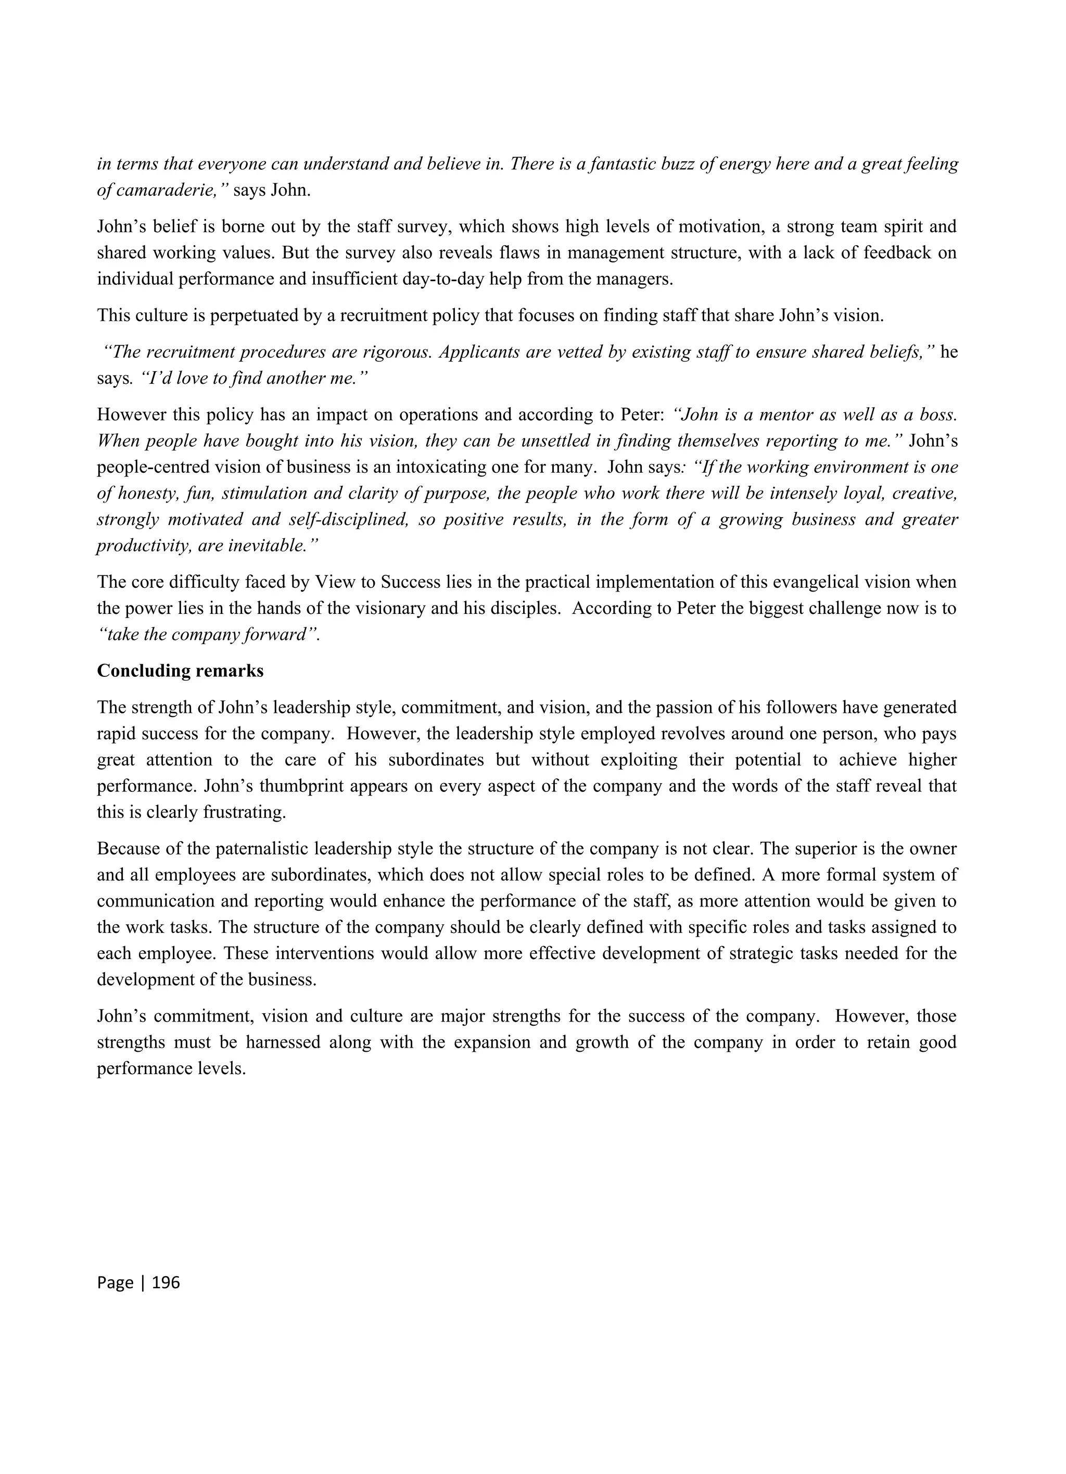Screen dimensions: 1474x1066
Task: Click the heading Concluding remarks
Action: [x=180, y=671]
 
